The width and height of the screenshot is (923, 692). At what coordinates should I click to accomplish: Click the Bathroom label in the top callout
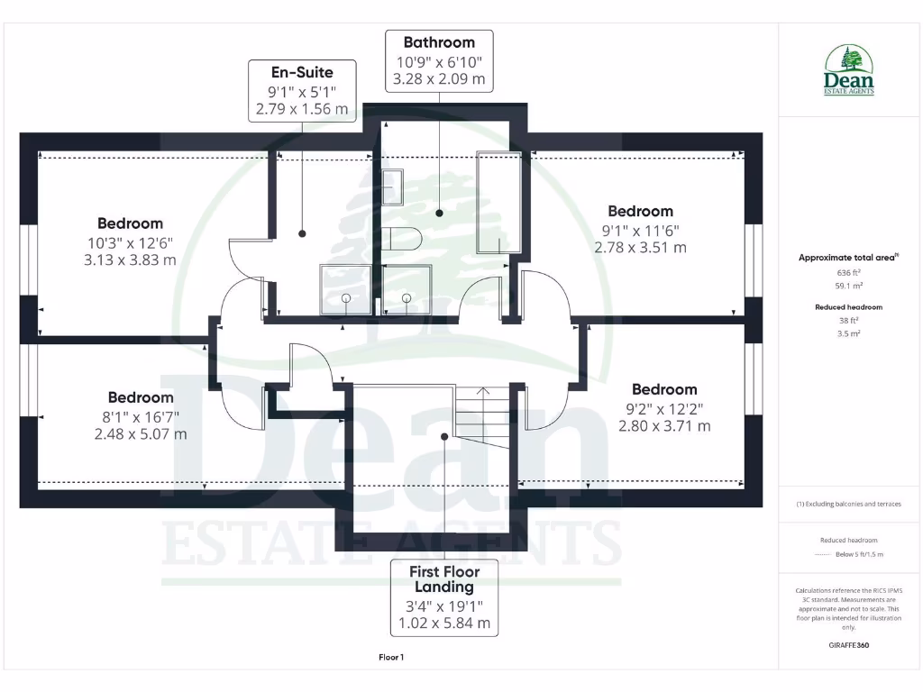pos(439,42)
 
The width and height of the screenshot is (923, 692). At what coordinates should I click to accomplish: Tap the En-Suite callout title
pos(302,72)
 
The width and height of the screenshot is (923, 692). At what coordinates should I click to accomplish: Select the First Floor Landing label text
pos(444,578)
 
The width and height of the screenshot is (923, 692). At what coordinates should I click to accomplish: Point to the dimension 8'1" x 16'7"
pos(141,416)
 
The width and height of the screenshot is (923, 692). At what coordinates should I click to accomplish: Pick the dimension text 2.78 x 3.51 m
pos(640,247)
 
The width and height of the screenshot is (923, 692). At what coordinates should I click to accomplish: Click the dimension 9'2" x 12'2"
pos(664,408)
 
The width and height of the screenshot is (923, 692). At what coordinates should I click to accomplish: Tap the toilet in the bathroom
pos(401,240)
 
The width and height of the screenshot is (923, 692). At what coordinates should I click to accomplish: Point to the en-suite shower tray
pos(345,290)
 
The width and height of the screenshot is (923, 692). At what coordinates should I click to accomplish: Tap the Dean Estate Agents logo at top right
pos(848,71)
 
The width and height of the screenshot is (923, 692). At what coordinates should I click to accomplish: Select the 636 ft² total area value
pos(847,272)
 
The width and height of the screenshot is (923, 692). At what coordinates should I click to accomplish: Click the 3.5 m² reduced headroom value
pos(848,333)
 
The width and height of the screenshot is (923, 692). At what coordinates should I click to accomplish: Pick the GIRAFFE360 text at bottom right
pos(848,645)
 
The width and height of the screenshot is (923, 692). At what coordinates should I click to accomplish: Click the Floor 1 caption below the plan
pos(390,658)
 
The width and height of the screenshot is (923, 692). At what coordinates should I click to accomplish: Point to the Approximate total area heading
pos(847,258)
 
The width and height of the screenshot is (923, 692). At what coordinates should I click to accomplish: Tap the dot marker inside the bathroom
pos(439,214)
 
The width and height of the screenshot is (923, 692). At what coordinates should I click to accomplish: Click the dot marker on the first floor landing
pos(444,437)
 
